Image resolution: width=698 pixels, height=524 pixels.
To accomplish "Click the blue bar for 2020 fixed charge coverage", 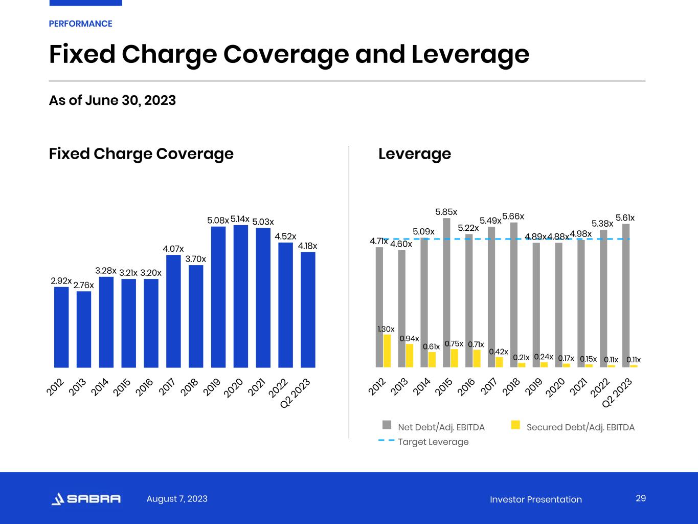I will pyautogui.click(x=241, y=297).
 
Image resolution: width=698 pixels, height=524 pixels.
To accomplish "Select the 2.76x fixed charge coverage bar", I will pyautogui.click(x=84, y=330).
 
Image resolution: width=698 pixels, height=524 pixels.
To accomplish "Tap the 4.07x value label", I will pyautogui.click(x=173, y=249).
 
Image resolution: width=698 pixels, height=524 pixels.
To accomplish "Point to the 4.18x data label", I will pyautogui.click(x=307, y=246).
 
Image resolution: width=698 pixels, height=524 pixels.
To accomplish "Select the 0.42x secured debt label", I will pyautogui.click(x=499, y=352).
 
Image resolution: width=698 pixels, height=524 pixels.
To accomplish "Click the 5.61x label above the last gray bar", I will pyautogui.click(x=625, y=218).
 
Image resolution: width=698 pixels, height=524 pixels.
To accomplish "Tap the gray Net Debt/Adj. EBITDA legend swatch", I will pyautogui.click(x=387, y=425).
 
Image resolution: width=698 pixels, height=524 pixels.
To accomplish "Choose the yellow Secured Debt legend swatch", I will pyautogui.click(x=515, y=425).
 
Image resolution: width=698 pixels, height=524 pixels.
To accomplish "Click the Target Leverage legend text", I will pyautogui.click(x=433, y=442).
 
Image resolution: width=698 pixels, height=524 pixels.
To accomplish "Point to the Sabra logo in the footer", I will pyautogui.click(x=86, y=499).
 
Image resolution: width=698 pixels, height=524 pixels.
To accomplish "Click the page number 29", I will pyautogui.click(x=641, y=498).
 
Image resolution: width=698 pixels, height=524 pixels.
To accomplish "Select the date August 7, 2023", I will pyautogui.click(x=177, y=499).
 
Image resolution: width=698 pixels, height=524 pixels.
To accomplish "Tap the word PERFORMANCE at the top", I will pyautogui.click(x=80, y=24).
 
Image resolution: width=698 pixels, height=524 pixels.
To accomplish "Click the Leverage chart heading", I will pyautogui.click(x=415, y=154).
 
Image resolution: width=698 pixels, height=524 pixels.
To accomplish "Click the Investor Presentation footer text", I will pyautogui.click(x=535, y=499).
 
